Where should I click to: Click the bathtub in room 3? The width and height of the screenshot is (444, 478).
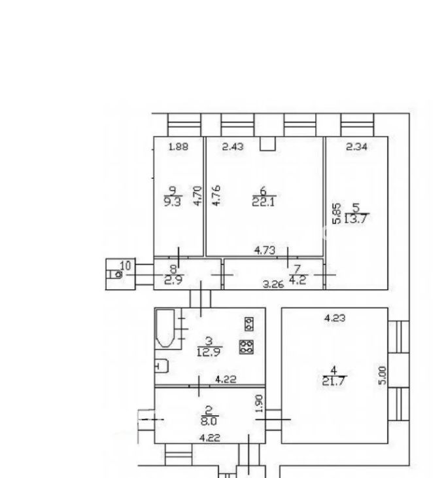(165, 328)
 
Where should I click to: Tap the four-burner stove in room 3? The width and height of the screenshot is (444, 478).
(247, 347)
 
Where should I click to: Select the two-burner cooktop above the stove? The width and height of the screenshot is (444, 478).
(249, 324)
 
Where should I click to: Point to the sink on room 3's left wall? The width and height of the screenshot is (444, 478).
(162, 366)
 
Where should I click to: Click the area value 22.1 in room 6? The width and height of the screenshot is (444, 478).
(264, 202)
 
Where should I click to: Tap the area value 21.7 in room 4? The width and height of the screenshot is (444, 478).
(333, 381)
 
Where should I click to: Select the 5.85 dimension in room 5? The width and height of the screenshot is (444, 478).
(337, 213)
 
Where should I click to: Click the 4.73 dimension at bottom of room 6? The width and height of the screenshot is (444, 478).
(265, 251)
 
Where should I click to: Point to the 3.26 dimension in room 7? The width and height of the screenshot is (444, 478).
(273, 284)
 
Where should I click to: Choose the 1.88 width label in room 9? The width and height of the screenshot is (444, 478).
(179, 147)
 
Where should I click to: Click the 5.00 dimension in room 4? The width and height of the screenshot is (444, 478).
(382, 376)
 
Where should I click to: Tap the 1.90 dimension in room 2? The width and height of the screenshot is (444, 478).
(259, 403)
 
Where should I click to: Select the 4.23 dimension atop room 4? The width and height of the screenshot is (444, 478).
(335, 318)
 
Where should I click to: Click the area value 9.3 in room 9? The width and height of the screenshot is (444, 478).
(173, 202)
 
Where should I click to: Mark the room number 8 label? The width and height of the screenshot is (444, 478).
(173, 269)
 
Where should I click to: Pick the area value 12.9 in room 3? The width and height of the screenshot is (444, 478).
(209, 352)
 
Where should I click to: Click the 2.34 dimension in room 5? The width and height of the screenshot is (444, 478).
(356, 147)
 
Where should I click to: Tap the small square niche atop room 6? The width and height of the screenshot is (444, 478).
(267, 143)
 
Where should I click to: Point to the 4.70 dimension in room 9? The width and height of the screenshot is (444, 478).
(198, 195)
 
